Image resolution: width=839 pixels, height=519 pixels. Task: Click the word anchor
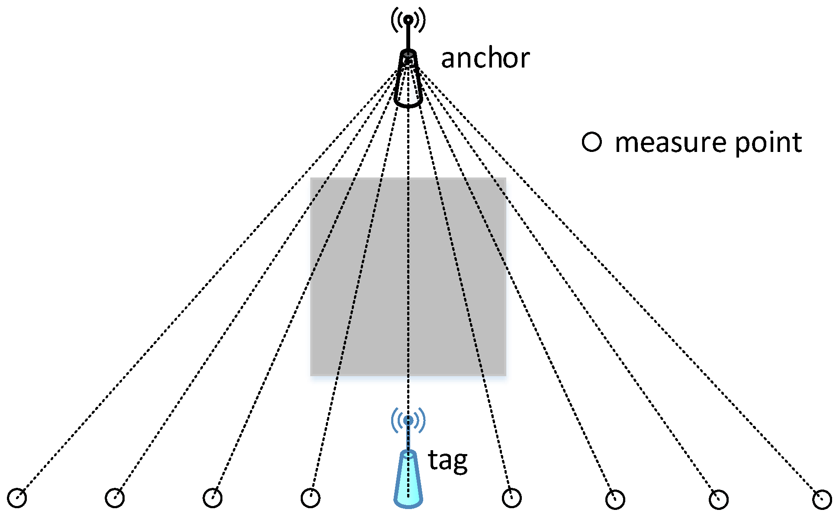(x=485, y=58)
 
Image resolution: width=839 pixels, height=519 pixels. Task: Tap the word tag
(x=447, y=461)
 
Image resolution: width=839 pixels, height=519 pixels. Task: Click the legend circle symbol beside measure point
(x=591, y=142)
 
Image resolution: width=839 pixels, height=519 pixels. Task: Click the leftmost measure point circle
(x=17, y=498)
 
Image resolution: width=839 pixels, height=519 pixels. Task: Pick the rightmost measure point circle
(x=822, y=500)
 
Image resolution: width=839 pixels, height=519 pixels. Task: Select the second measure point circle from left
(x=115, y=498)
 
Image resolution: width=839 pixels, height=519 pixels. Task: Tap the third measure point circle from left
(x=212, y=498)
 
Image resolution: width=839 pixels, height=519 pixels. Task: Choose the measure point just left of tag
(x=310, y=498)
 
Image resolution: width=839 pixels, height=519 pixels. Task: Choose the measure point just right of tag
(x=511, y=498)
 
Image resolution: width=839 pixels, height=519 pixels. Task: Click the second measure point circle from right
(x=719, y=500)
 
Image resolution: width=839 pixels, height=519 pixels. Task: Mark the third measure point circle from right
(x=615, y=500)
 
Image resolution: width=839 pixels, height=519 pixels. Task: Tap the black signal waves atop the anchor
(x=408, y=19)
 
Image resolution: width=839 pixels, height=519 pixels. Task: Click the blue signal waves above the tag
(x=408, y=420)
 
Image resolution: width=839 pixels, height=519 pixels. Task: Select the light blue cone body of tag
(x=408, y=480)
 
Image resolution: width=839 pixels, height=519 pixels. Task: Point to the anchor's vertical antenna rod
(x=408, y=37)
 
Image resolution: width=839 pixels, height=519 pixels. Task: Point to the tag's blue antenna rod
(x=408, y=437)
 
